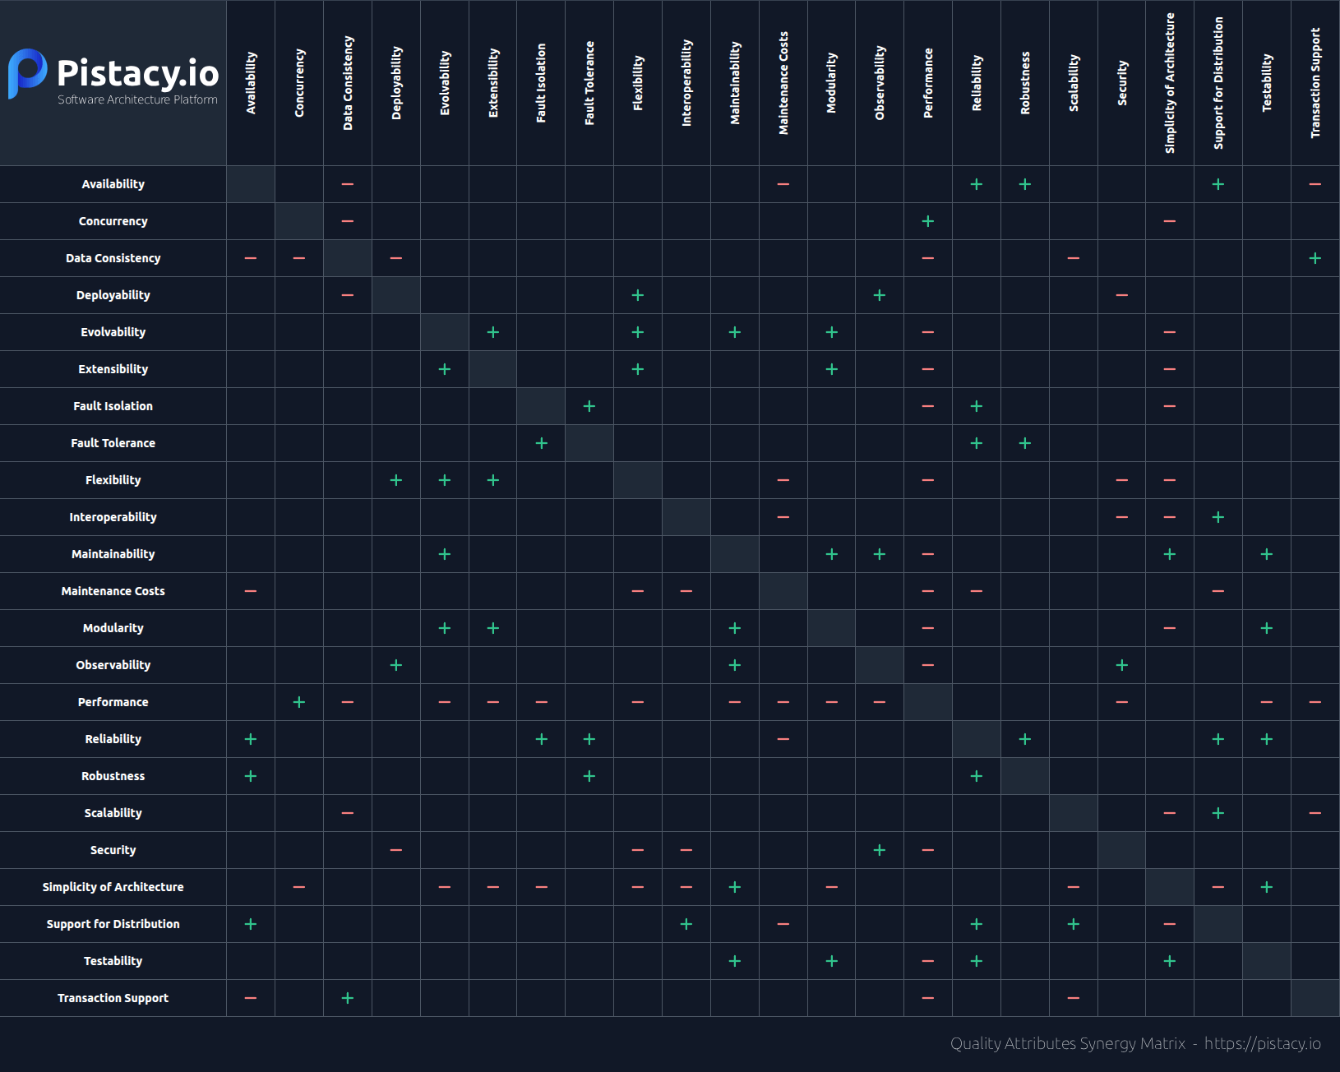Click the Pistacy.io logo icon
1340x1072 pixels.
(27, 73)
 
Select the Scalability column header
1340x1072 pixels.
(1074, 83)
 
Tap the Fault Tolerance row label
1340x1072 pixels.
(113, 443)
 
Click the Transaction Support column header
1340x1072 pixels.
(1315, 83)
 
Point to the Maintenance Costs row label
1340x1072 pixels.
(113, 591)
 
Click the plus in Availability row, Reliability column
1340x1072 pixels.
(977, 184)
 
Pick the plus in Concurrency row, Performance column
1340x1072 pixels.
(928, 221)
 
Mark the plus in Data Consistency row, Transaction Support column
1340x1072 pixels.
(1315, 258)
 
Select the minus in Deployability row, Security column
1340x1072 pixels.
(1122, 295)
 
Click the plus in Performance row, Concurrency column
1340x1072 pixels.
(299, 702)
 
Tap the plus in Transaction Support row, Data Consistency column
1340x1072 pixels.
(348, 998)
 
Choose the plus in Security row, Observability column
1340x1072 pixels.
(880, 850)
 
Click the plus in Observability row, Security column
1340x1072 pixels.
(1122, 665)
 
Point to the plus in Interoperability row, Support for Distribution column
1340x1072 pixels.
(1218, 517)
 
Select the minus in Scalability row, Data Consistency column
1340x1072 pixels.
(348, 813)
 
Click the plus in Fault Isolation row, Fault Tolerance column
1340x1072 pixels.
(589, 406)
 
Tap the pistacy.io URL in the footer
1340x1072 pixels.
(1262, 1043)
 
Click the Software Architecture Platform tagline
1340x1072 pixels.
(137, 99)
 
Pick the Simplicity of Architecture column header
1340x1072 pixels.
(1170, 83)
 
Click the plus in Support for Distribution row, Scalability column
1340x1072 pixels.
(1074, 924)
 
